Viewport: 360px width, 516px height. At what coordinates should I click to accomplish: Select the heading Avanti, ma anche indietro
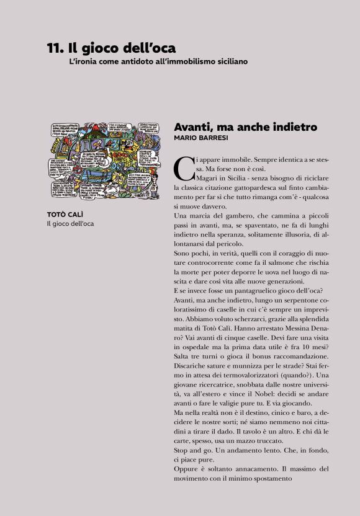point(245,127)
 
